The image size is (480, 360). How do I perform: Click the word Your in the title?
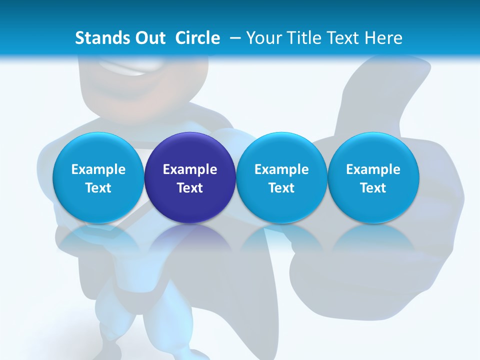pos(263,38)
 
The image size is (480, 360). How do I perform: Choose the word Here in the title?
pos(383,38)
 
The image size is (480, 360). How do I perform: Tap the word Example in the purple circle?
pos(190,169)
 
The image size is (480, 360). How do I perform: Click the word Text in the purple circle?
pos(190,188)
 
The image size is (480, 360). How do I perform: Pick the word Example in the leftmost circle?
pos(98,169)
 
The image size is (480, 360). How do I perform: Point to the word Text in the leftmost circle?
pos(98,188)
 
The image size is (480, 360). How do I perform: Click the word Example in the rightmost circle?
pos(373,169)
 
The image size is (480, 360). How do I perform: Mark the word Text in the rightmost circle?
pos(373,188)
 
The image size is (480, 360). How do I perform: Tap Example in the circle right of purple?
pos(281,169)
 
